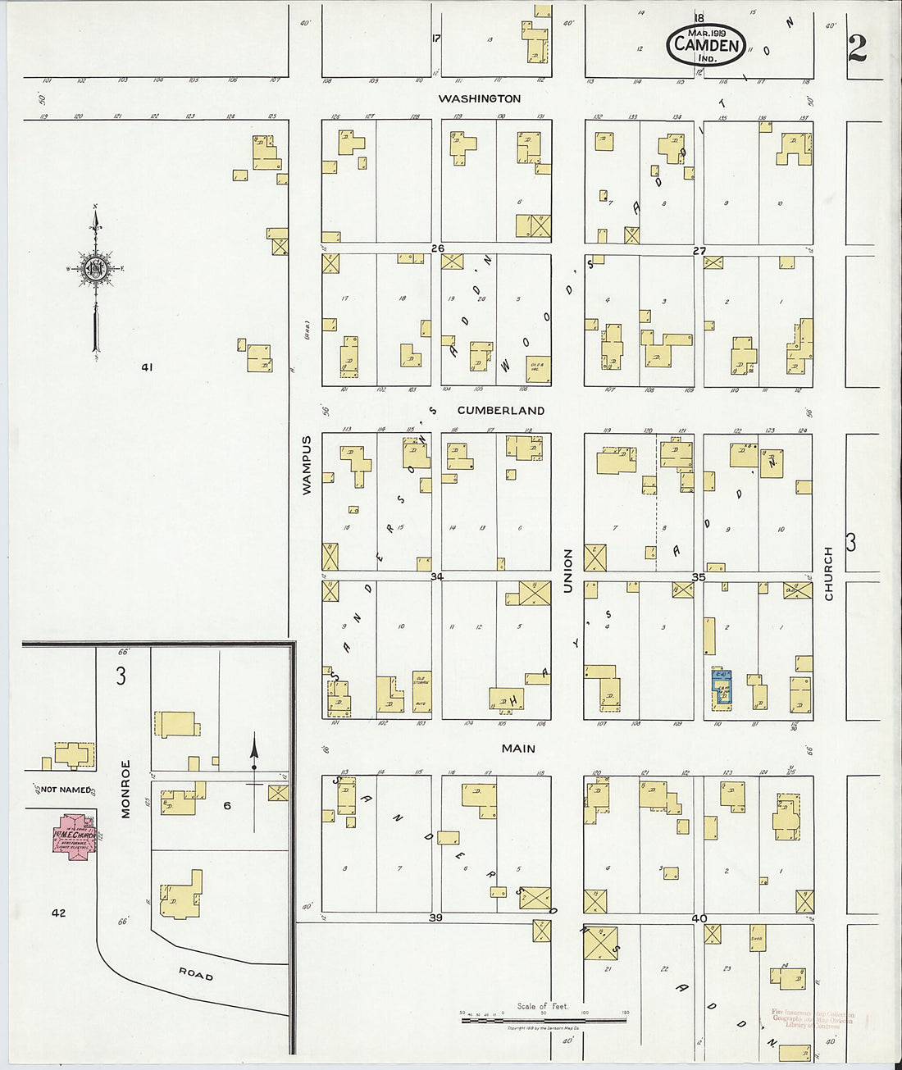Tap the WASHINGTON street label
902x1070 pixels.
tap(479, 98)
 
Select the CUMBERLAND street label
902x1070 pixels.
tap(500, 410)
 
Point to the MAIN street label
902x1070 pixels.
tap(518, 748)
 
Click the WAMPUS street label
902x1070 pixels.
tap(307, 464)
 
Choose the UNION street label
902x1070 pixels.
tap(567, 571)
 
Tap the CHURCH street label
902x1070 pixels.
tap(828, 573)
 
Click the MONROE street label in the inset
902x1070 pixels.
tap(126, 789)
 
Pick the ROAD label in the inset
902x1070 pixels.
tap(196, 974)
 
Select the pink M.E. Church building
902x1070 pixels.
tap(75, 836)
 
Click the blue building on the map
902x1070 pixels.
tap(722, 688)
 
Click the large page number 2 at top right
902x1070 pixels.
tap(857, 49)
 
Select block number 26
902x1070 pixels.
tap(437, 248)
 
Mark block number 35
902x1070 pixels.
tap(699, 577)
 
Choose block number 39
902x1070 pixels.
tap(435, 917)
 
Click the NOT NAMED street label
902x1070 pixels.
tap(66, 790)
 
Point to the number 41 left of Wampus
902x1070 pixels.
tap(146, 367)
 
